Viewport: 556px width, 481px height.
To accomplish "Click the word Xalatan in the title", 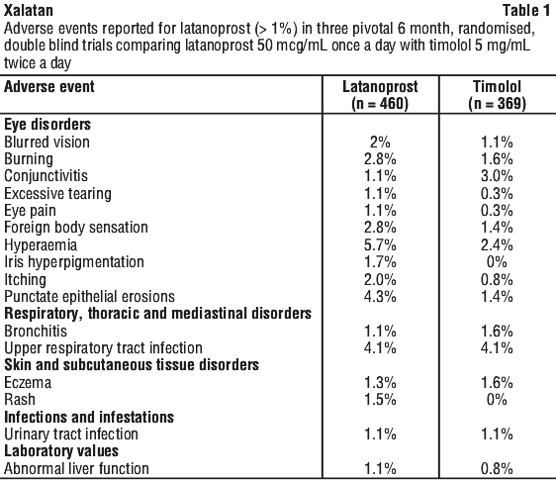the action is click(x=29, y=10).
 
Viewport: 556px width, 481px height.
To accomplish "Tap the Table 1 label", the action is click(x=526, y=10).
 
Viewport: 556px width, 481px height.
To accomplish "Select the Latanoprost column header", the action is click(x=380, y=95).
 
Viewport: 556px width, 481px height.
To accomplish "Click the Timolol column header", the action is click(x=497, y=95).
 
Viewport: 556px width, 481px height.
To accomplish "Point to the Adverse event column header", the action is click(x=49, y=87).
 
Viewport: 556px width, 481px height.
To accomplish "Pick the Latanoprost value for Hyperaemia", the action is click(x=380, y=245).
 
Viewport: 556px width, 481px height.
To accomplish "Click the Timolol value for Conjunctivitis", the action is click(x=497, y=176).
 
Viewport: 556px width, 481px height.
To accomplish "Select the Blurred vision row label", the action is click(x=46, y=142).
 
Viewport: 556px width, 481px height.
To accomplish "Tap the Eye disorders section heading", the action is click(x=47, y=125).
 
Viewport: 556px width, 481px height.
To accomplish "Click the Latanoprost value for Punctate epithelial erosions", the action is click(x=380, y=297).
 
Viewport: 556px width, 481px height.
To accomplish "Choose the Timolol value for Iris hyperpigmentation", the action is click(x=497, y=262).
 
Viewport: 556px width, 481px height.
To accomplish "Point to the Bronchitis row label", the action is click(x=36, y=331).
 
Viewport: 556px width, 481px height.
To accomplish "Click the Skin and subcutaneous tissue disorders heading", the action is click(x=132, y=365).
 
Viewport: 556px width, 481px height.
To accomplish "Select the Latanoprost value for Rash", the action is click(x=380, y=400).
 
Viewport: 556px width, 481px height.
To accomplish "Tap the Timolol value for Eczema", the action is click(x=497, y=383).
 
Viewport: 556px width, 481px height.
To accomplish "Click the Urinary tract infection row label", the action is click(x=71, y=434).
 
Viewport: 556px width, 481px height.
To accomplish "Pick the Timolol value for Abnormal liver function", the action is click(x=497, y=469).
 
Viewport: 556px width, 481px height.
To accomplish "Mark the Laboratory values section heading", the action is click(x=61, y=451).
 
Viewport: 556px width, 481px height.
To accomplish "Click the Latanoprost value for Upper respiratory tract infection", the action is click(x=380, y=348).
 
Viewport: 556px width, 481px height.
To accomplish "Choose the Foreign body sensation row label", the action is click(x=76, y=228).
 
